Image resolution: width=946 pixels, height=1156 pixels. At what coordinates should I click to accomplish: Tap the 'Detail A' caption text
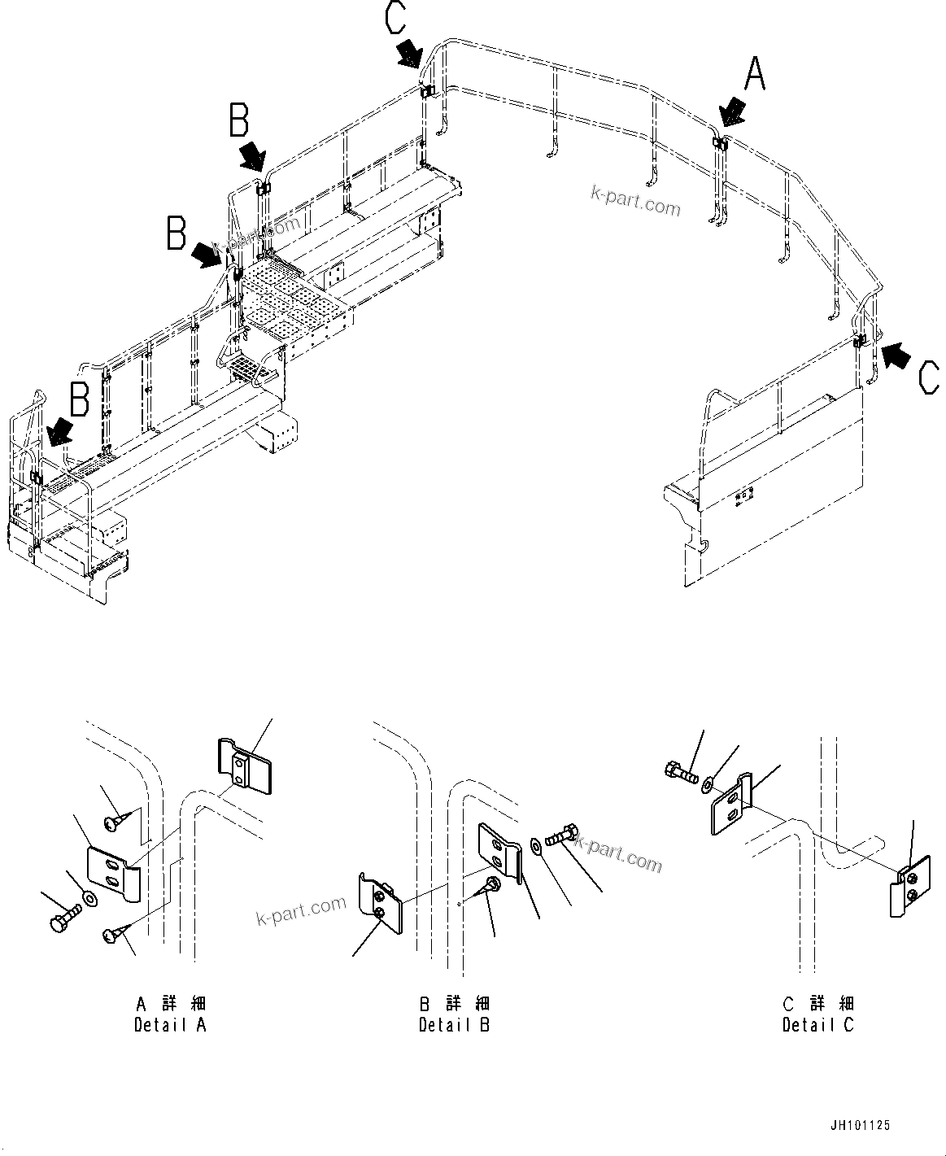coord(170,1025)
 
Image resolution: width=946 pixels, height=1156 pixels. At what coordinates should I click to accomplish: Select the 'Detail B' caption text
coord(454,1025)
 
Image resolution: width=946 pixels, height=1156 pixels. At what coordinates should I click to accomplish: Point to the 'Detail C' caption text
coord(818,1025)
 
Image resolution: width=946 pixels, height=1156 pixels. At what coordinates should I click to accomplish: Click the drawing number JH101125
coord(860,1126)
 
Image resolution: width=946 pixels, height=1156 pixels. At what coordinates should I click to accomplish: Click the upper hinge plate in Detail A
coord(243,766)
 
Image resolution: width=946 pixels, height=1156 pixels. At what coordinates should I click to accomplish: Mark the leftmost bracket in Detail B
coord(381,904)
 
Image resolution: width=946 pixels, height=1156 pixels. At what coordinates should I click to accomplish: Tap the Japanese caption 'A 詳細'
coord(170,1003)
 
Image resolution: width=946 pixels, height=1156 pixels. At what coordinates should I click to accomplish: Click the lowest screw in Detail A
coord(111,936)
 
